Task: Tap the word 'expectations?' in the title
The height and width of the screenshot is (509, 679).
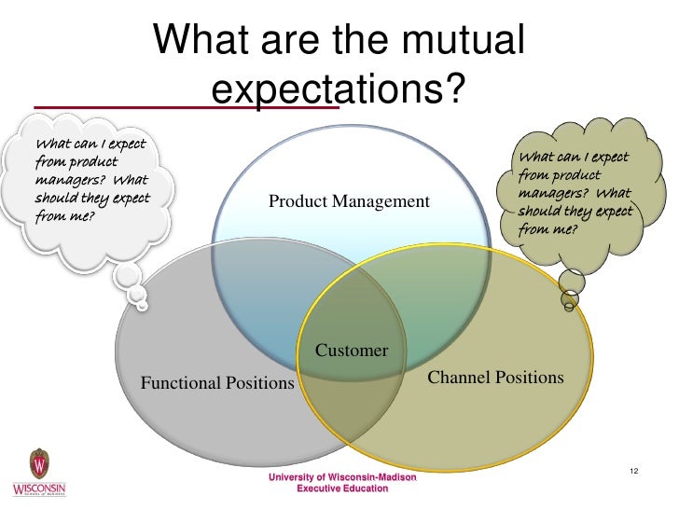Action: pyautogui.click(x=338, y=90)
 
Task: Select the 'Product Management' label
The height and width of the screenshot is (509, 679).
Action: pyautogui.click(x=349, y=201)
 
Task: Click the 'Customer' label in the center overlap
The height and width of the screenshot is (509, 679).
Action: pyautogui.click(x=352, y=351)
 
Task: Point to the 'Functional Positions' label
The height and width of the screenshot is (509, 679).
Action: pyautogui.click(x=216, y=383)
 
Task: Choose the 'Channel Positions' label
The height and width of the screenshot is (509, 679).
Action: pyautogui.click(x=495, y=378)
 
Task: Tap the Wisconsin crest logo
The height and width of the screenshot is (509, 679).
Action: pyautogui.click(x=39, y=464)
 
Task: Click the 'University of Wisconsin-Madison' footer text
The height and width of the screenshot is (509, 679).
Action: pyautogui.click(x=342, y=477)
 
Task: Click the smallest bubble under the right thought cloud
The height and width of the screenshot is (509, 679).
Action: pyautogui.click(x=569, y=303)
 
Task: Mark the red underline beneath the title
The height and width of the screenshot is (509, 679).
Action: pyautogui.click(x=187, y=106)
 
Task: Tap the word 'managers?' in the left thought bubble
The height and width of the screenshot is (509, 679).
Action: pyautogui.click(x=66, y=181)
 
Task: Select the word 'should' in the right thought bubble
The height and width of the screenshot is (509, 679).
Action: pyautogui.click(x=542, y=212)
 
